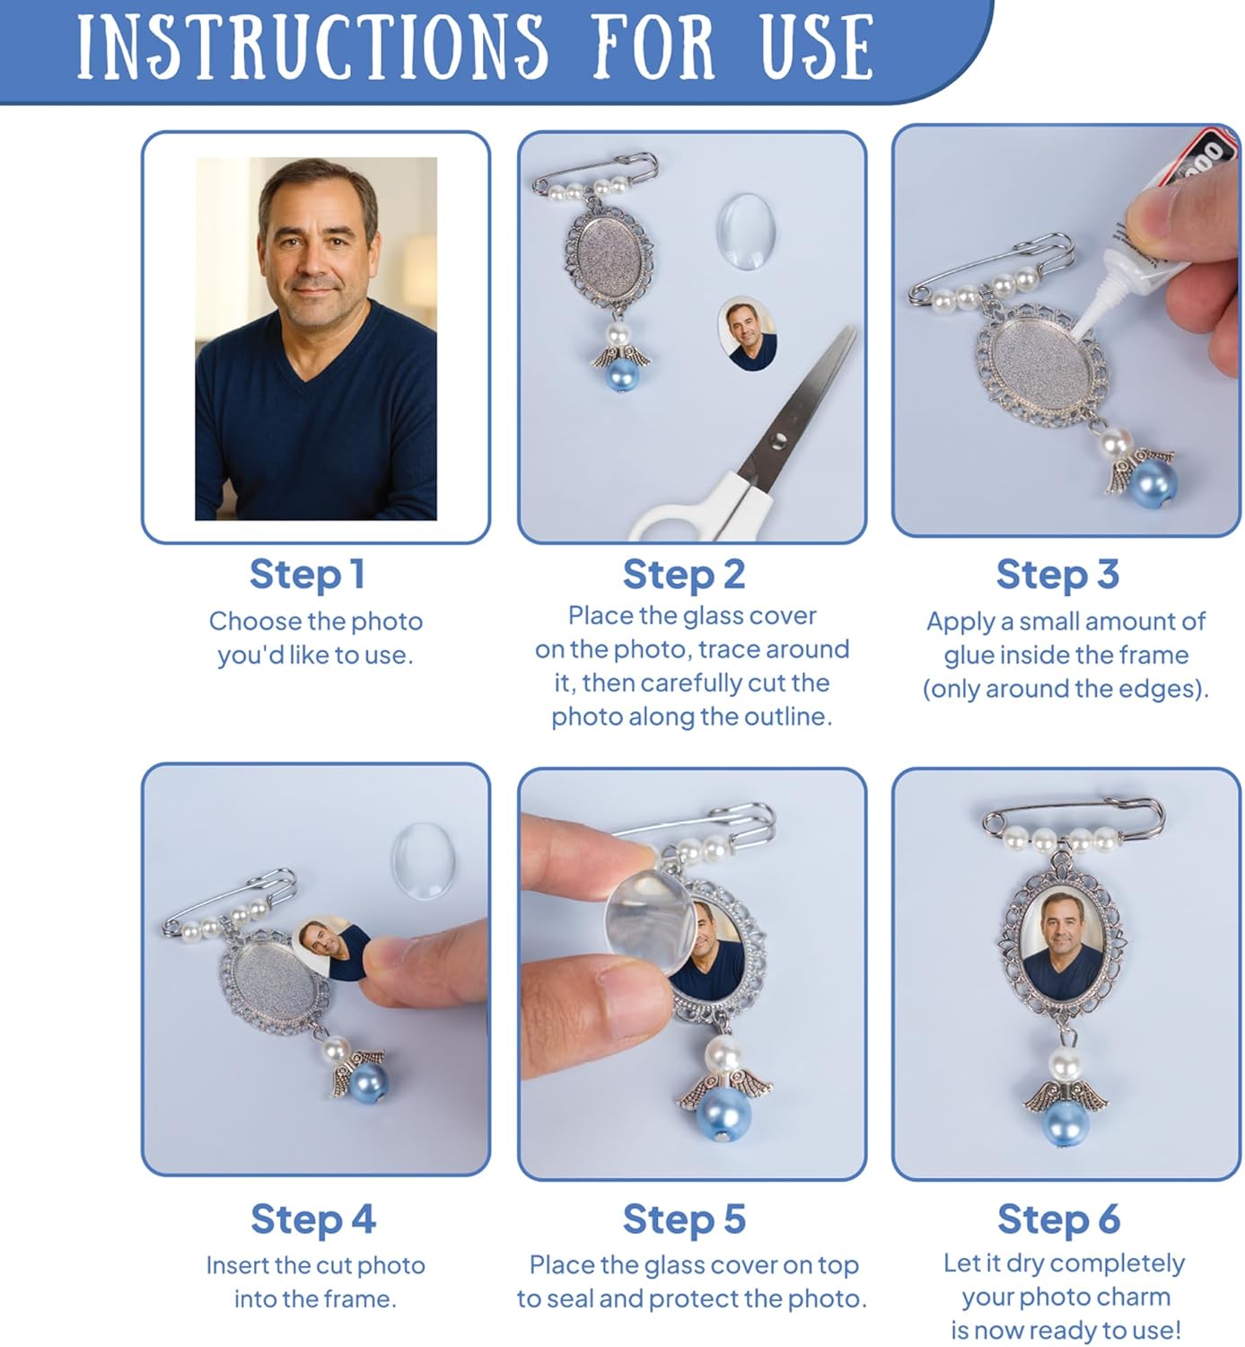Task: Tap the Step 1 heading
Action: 307,575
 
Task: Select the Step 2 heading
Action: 684,575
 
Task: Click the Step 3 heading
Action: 1057,575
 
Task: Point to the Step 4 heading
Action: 312,1219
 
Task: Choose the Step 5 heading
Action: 684,1219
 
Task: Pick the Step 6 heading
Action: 1058,1219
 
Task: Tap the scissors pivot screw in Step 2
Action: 779,440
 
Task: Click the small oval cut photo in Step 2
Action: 748,333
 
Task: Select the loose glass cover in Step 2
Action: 746,232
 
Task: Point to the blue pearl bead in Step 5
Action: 723,1114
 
